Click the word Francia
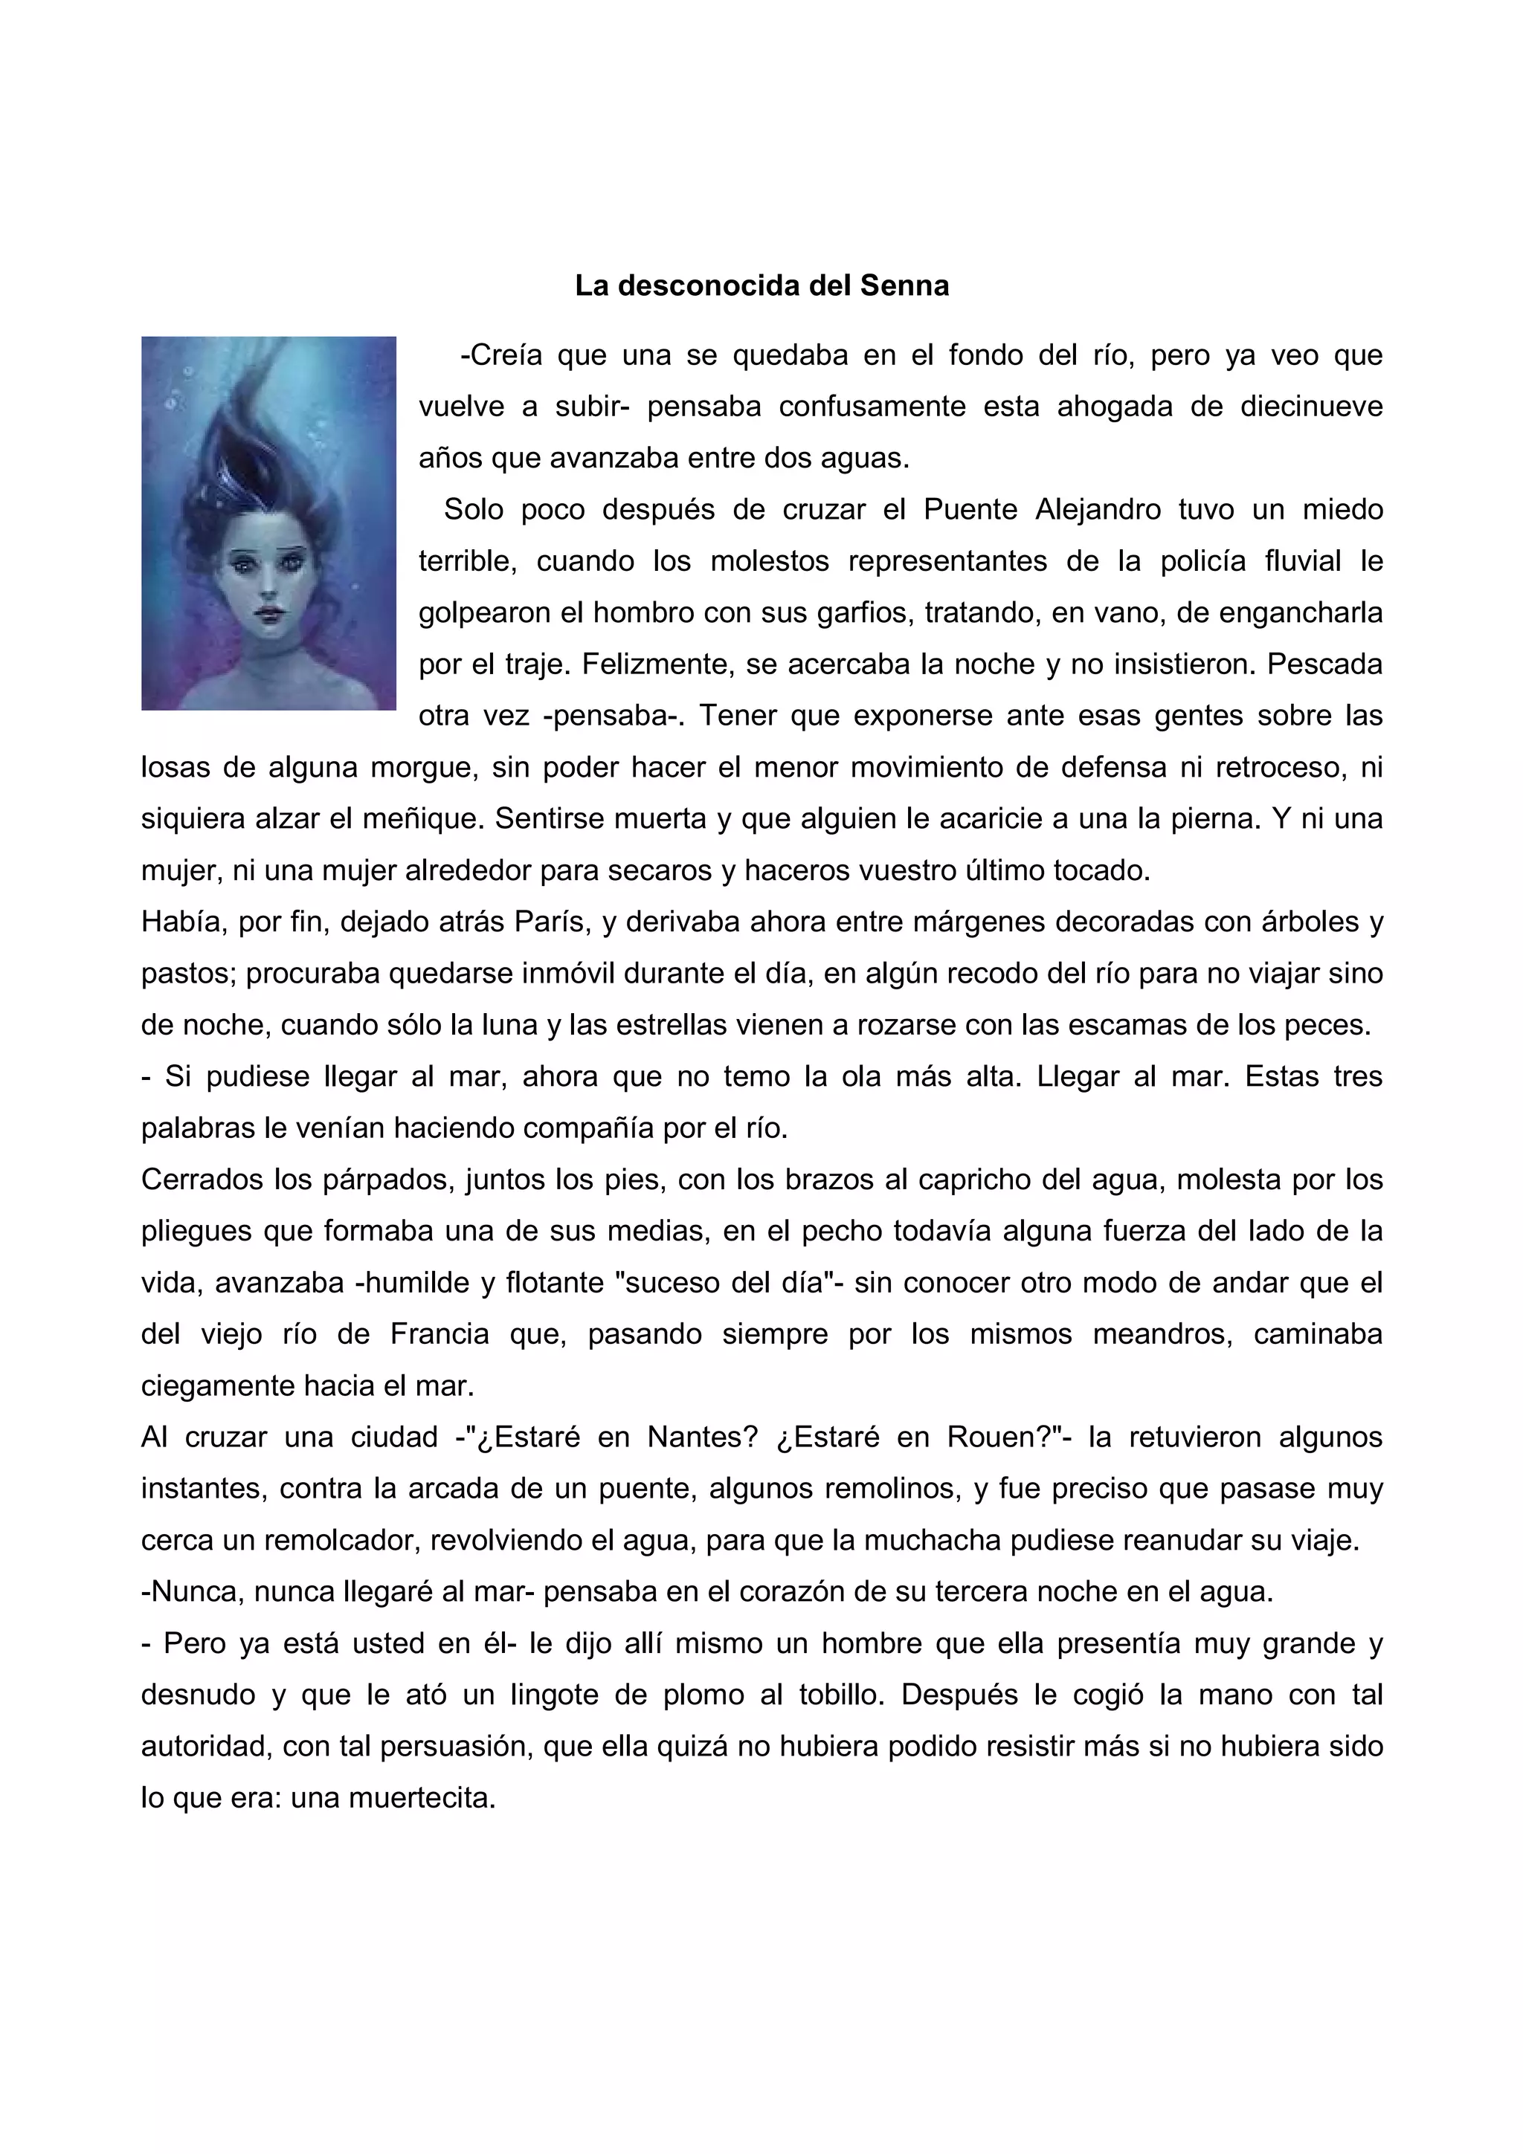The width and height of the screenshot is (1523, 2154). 440,1334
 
